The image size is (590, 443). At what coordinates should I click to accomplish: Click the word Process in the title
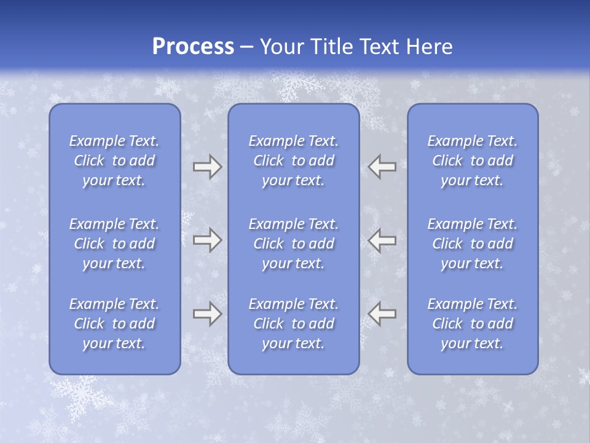point(193,47)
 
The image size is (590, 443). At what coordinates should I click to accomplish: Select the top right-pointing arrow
point(207,167)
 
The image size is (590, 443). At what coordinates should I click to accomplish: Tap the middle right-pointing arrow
point(207,239)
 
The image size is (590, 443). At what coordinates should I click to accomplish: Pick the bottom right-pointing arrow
point(207,314)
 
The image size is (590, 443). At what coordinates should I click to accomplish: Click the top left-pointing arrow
point(382,167)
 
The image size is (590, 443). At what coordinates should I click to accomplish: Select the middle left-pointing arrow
point(382,239)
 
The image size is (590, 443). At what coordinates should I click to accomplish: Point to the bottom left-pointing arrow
point(382,314)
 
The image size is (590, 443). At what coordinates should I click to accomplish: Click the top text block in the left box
point(114,161)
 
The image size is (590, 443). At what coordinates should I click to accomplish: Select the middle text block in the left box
point(114,244)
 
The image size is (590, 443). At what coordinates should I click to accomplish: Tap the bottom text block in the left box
point(114,324)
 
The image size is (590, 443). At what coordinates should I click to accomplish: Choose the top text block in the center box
point(294,161)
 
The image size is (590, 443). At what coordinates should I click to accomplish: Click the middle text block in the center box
point(294,244)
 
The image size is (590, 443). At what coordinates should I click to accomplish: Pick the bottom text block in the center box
point(294,324)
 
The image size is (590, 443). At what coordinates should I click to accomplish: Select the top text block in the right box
point(473,161)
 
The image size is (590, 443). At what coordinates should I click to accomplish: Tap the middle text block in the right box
point(473,244)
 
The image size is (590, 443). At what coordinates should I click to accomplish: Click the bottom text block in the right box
point(473,324)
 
